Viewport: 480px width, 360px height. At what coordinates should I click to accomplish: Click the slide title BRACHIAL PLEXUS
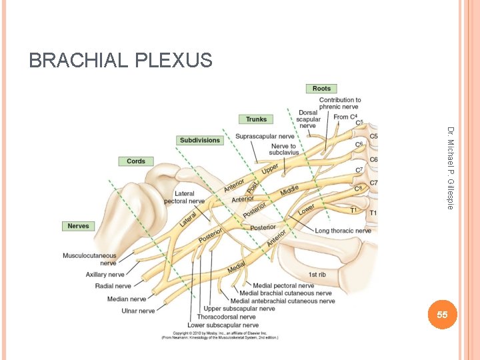pyautogui.click(x=121, y=61)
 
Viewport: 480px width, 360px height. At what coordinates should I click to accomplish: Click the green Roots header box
pyautogui.click(x=321, y=89)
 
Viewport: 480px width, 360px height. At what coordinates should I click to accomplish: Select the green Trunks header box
pyautogui.click(x=256, y=119)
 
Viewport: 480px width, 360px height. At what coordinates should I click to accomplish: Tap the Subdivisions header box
pyautogui.click(x=199, y=140)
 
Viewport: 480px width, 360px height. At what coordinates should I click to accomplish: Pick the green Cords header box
pyautogui.click(x=136, y=161)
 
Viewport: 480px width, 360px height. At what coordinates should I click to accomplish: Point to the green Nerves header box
pyautogui.click(x=78, y=226)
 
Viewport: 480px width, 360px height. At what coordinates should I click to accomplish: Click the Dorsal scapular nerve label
pyautogui.click(x=308, y=119)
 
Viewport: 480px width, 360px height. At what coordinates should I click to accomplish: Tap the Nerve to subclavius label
pyautogui.click(x=283, y=149)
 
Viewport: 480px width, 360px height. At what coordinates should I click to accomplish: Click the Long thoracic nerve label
pyautogui.click(x=343, y=231)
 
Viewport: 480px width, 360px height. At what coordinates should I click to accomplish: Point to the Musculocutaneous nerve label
pyautogui.click(x=89, y=259)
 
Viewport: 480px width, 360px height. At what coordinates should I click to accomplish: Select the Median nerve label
pyautogui.click(x=127, y=299)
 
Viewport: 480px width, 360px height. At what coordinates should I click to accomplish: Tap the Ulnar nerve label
pyautogui.click(x=138, y=311)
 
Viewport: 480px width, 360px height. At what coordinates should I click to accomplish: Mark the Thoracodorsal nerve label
pyautogui.click(x=226, y=317)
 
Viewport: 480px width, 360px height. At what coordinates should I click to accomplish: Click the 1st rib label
pyautogui.click(x=317, y=275)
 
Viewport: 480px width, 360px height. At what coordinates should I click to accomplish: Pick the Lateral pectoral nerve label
pyautogui.click(x=184, y=197)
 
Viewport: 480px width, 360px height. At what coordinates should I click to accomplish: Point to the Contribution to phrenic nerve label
pyautogui.click(x=340, y=103)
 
